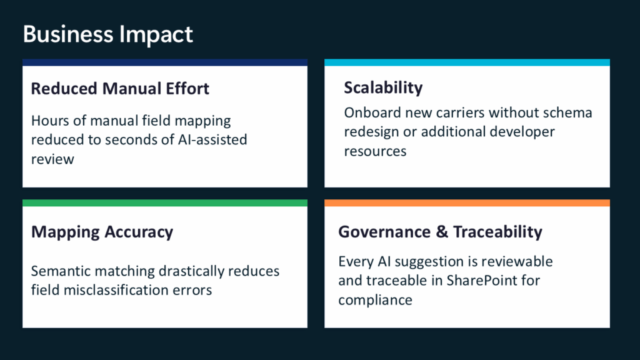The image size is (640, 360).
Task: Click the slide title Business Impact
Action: (x=107, y=34)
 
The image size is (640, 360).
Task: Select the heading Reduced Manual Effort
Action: (x=120, y=89)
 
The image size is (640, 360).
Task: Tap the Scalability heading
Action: (x=383, y=87)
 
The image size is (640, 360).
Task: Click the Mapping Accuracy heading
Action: (x=102, y=232)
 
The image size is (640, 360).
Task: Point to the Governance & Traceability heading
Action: (x=440, y=232)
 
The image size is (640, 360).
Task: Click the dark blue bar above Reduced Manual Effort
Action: (x=165, y=62)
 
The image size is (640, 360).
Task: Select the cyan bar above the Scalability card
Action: (x=467, y=62)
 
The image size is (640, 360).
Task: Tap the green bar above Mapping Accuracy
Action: (x=165, y=203)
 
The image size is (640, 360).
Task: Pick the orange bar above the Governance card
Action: (x=467, y=203)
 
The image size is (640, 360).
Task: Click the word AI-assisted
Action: (x=212, y=139)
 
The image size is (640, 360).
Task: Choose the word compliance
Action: (x=375, y=301)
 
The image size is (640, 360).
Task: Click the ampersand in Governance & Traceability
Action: (x=442, y=232)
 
